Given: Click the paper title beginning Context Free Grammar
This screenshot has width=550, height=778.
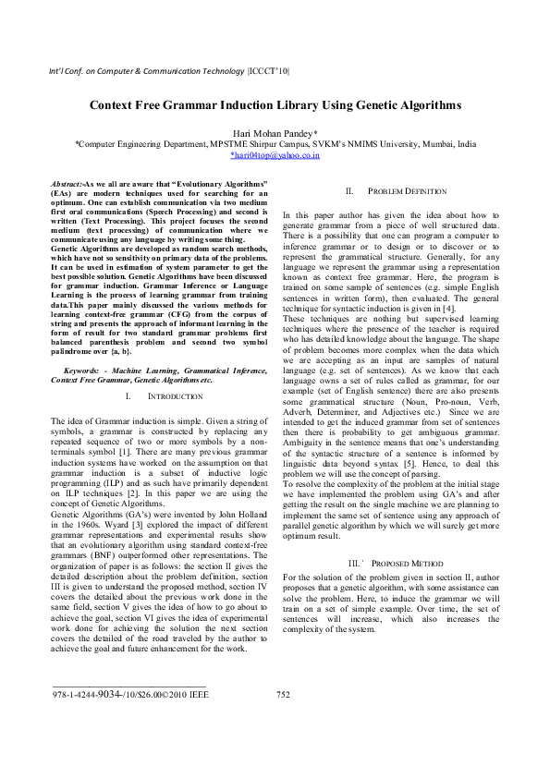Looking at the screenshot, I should pos(275,105).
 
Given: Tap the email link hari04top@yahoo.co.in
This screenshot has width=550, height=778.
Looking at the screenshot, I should pos(275,156).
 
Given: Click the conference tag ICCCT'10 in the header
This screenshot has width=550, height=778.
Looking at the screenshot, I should pos(268,71).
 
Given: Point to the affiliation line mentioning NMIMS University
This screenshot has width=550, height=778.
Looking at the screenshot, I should pos(275,145).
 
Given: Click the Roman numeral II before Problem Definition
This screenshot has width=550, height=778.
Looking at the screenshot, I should pos(349,190).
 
